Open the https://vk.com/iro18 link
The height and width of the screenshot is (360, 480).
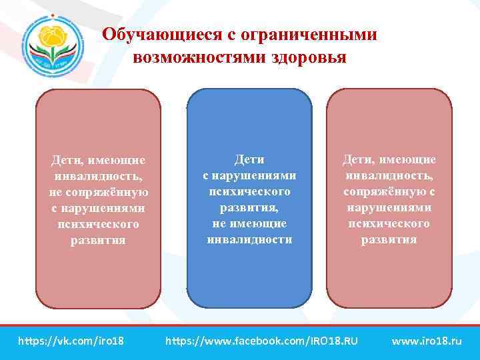(x=71, y=341)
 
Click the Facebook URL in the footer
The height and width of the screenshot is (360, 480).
(x=261, y=341)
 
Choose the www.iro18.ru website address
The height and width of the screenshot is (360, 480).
(x=427, y=341)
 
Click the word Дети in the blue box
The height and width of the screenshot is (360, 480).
(x=249, y=159)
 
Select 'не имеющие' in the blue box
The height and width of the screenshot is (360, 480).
(x=249, y=223)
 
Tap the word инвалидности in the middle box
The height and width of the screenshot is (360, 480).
(x=249, y=239)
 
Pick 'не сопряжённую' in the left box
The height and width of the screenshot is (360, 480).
(x=99, y=192)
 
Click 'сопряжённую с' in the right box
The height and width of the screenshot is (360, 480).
(x=389, y=191)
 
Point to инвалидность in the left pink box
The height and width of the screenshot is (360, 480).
(x=99, y=176)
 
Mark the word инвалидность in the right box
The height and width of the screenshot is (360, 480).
(x=389, y=175)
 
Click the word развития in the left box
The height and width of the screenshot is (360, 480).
(x=99, y=240)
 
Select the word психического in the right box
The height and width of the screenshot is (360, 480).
(x=389, y=223)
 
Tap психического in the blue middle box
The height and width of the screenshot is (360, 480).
(x=249, y=191)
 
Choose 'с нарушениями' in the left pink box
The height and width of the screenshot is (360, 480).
(x=99, y=208)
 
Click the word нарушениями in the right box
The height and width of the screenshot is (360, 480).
(x=389, y=207)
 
